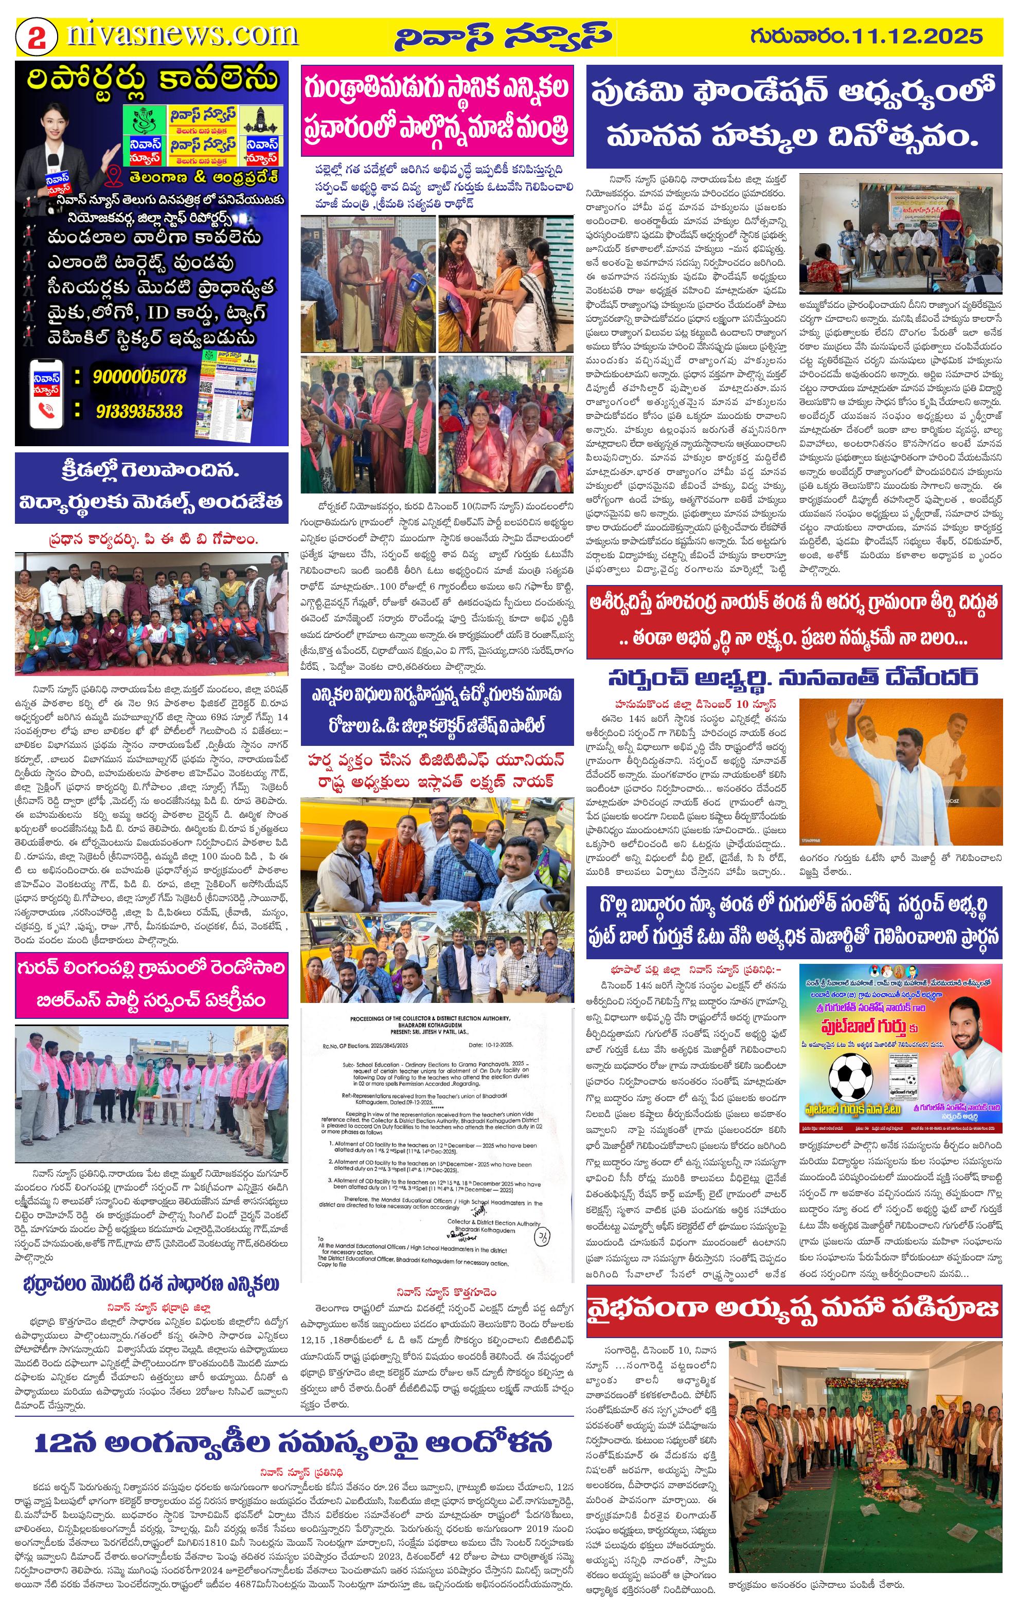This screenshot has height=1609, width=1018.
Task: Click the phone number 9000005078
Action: [139, 377]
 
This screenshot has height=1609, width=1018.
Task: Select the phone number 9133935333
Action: [139, 410]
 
